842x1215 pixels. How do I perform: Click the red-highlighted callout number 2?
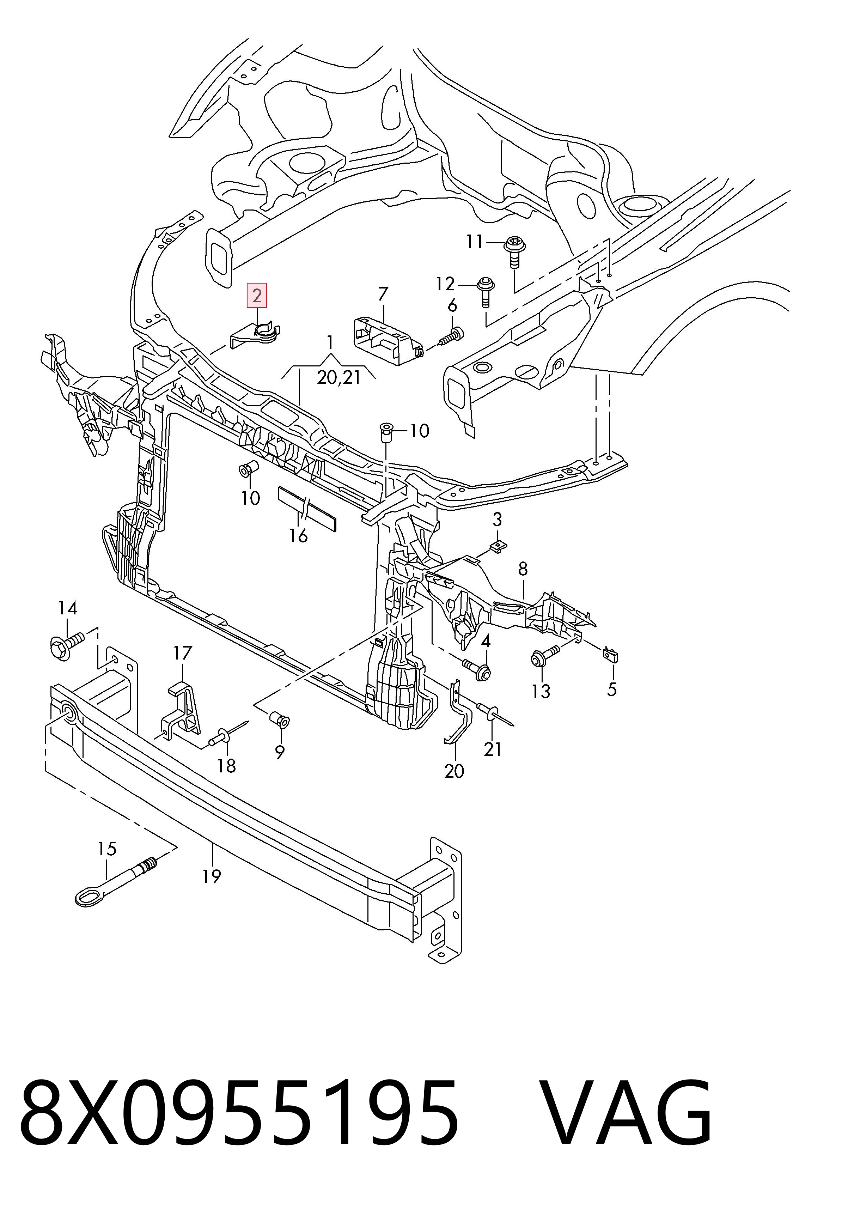coord(257,296)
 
